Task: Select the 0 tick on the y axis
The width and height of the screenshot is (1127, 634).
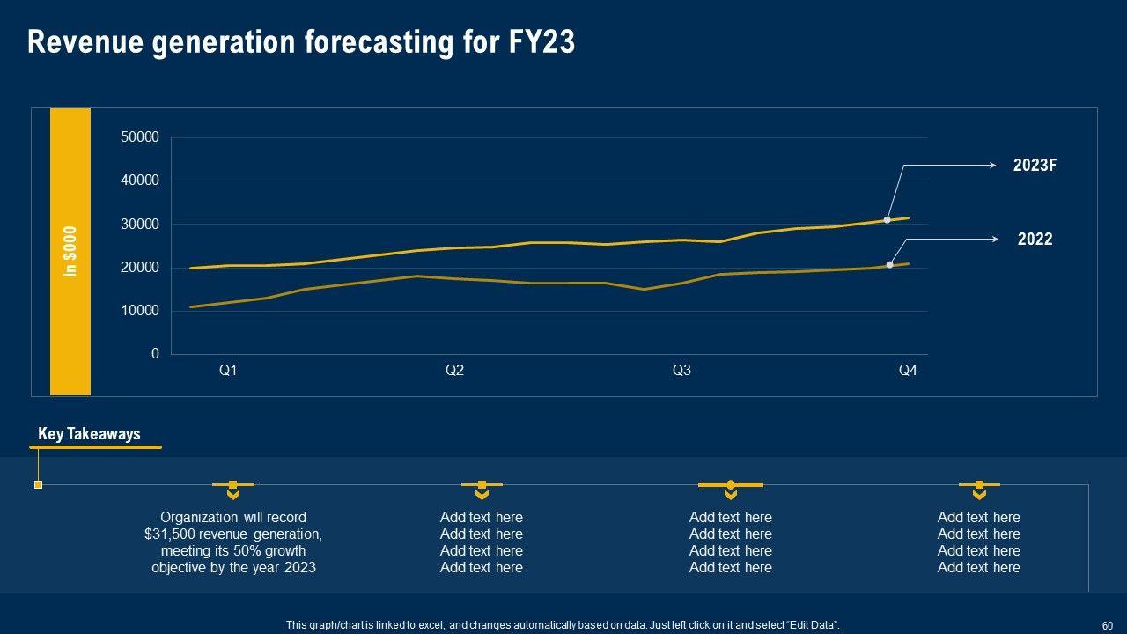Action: pyautogui.click(x=155, y=354)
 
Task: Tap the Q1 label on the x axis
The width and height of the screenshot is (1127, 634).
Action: pyautogui.click(x=228, y=371)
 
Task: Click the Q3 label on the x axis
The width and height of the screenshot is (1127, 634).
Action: pyautogui.click(x=681, y=371)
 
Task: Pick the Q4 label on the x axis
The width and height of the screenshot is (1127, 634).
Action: pyautogui.click(x=908, y=371)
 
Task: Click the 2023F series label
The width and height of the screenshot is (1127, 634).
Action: pyautogui.click(x=1034, y=165)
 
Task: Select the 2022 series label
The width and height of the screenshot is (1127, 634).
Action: pyautogui.click(x=1035, y=239)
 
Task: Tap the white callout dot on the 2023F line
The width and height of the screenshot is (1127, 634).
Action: pyautogui.click(x=888, y=219)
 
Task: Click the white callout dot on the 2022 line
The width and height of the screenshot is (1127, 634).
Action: pyautogui.click(x=890, y=264)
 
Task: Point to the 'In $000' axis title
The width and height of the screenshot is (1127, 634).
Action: pyautogui.click(x=70, y=252)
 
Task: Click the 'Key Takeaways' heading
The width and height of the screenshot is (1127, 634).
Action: pyautogui.click(x=89, y=434)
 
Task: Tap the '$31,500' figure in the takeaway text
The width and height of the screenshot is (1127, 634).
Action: pyautogui.click(x=173, y=534)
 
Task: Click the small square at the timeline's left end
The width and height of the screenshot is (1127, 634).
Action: pyautogui.click(x=38, y=484)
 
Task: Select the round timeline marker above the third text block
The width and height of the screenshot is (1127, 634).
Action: pyautogui.click(x=731, y=484)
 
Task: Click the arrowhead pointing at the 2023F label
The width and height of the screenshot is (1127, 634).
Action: pyautogui.click(x=993, y=165)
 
